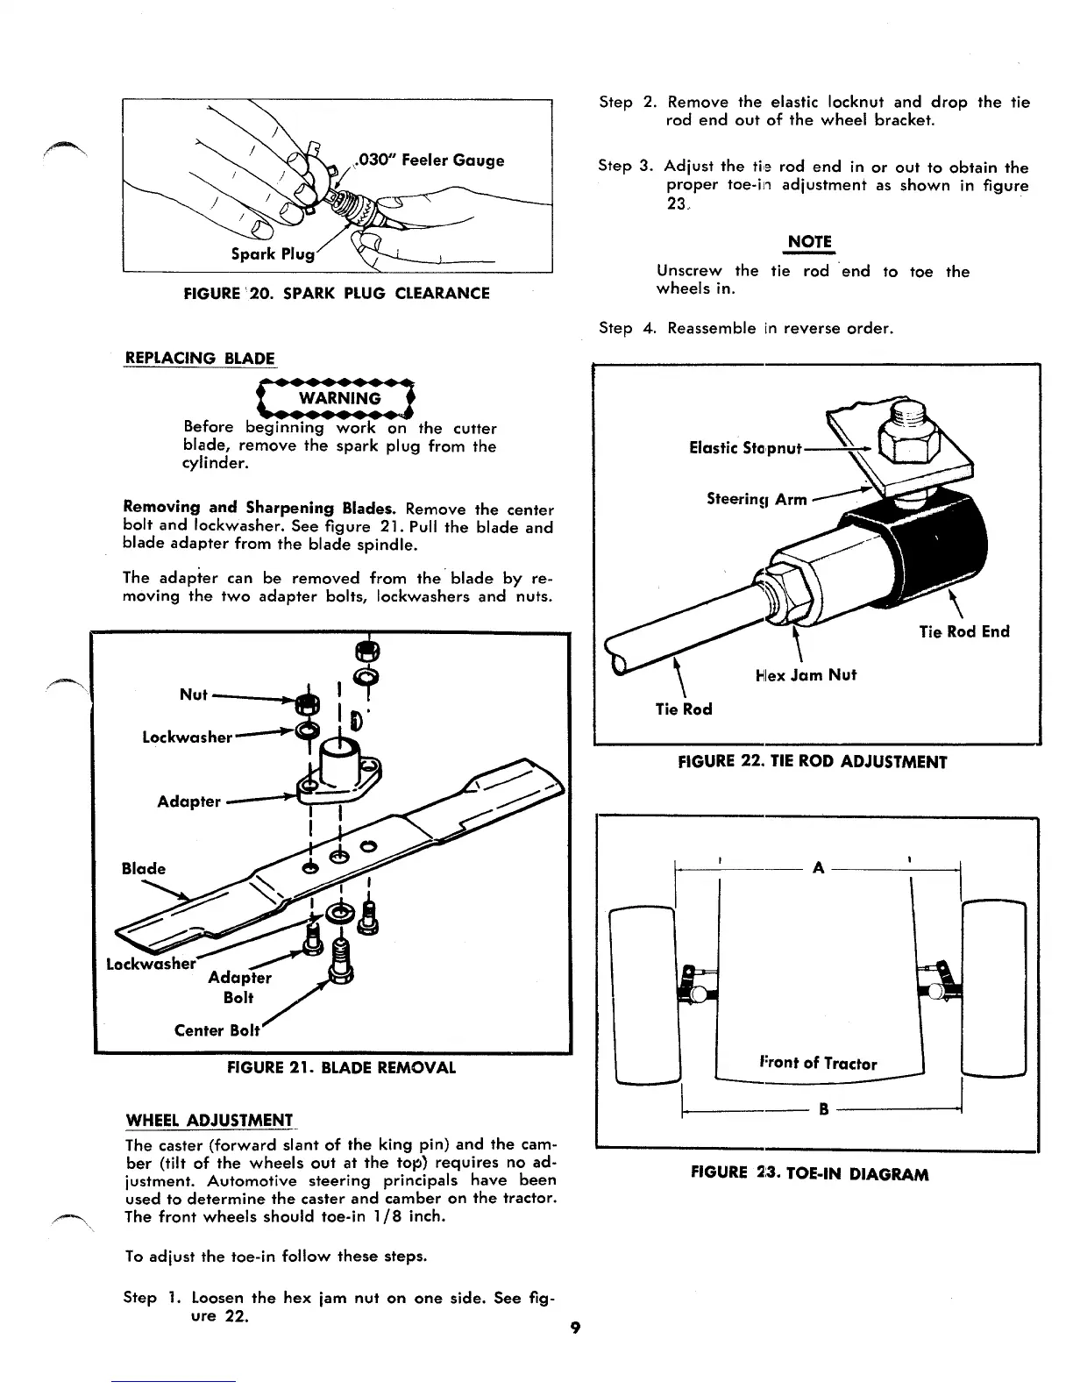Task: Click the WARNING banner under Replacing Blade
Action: pyautogui.click(x=339, y=398)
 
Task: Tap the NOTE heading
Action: pyautogui.click(x=809, y=241)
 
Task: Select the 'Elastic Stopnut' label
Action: pyautogui.click(x=745, y=448)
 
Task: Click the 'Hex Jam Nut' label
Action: pyautogui.click(x=805, y=674)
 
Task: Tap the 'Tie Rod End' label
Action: pyautogui.click(x=964, y=631)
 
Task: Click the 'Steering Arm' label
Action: pyautogui.click(x=757, y=499)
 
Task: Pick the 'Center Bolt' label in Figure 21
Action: pyautogui.click(x=217, y=1029)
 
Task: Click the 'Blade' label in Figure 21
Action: pyautogui.click(x=143, y=868)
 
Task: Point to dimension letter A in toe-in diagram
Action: pyautogui.click(x=818, y=868)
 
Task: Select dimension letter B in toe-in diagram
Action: pyautogui.click(x=823, y=1109)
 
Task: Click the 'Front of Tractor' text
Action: pyautogui.click(x=818, y=1063)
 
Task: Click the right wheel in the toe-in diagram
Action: pyautogui.click(x=993, y=988)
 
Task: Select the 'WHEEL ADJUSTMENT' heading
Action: pyautogui.click(x=210, y=1120)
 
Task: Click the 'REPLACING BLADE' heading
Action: pyautogui.click(x=200, y=358)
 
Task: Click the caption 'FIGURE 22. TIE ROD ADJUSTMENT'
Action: pyautogui.click(x=813, y=761)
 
